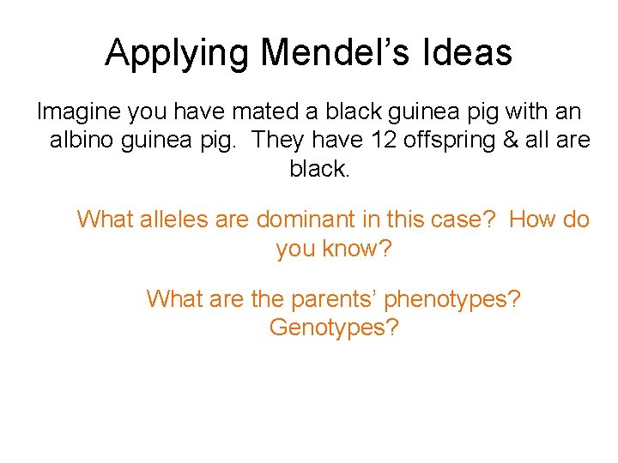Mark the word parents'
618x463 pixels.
click(325, 300)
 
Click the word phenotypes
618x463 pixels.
click(452, 300)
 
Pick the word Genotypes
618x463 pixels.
click(334, 328)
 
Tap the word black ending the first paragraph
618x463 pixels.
click(319, 169)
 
